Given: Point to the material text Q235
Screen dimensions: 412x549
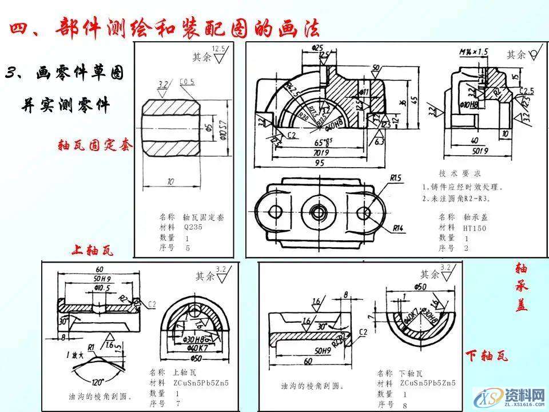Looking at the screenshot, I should pyautogui.click(x=191, y=227).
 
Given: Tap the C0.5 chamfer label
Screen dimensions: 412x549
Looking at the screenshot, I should pyautogui.click(x=186, y=82).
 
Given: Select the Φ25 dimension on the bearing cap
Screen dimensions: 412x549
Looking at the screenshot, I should pyautogui.click(x=318, y=47).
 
